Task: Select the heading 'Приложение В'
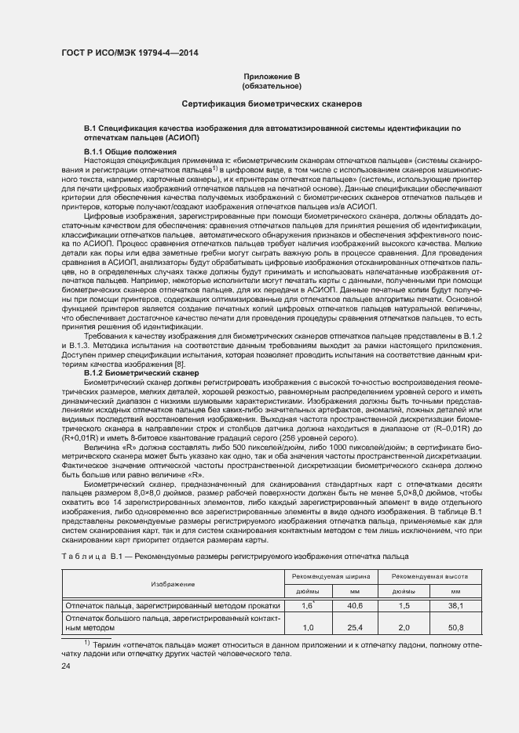(272, 76)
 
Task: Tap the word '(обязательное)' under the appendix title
(272, 85)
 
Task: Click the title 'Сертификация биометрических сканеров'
(272, 103)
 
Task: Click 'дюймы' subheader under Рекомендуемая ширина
(309, 592)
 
